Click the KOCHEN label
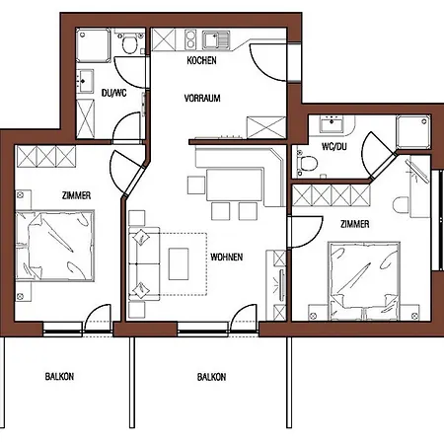point(201,60)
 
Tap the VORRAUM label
point(202,98)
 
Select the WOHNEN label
point(227,257)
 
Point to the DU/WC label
point(113,93)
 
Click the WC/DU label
point(334,146)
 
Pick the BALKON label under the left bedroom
point(59,376)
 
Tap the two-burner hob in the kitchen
point(190,39)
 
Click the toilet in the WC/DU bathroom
point(307,163)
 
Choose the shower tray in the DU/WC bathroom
point(93,45)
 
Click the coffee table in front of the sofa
point(179,263)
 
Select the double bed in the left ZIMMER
point(55,246)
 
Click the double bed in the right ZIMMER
point(364,281)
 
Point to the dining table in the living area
point(235,185)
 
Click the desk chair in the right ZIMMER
point(401,205)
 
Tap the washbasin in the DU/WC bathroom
point(85,81)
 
